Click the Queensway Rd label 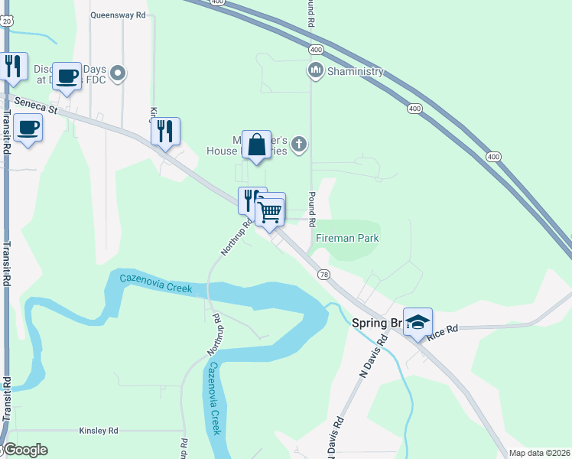pos(118,15)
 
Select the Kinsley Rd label pos(98,431)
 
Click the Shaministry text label pos(355,72)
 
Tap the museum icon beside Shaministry pos(315,72)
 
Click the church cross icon pos(300,143)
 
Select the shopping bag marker pos(257,144)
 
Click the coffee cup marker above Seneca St pos(67,75)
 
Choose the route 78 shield pos(324,274)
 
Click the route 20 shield pos(6,21)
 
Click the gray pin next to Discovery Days pos(118,74)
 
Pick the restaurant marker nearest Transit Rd pos(13,66)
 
